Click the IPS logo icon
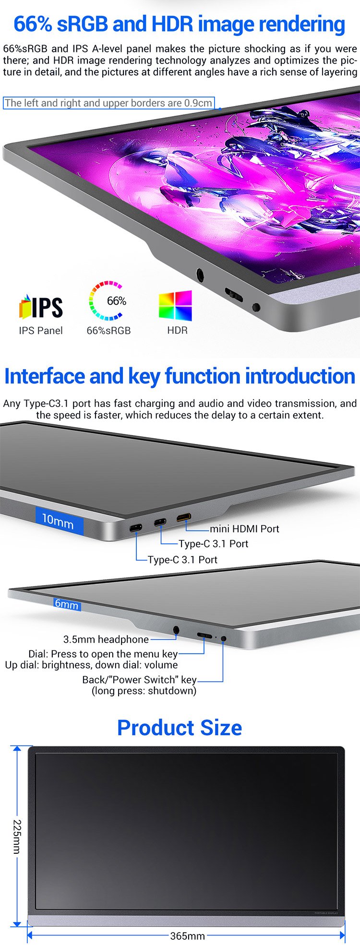41,307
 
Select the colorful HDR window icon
175,305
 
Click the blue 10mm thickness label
59,519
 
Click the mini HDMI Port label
244,529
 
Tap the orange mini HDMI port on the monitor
184,518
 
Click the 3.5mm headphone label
106,639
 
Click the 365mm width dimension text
188,936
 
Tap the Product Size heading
180,728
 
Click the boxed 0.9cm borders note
108,103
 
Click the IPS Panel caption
41,330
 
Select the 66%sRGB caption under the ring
108,330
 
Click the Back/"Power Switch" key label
139,680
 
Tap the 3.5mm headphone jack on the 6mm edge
176,630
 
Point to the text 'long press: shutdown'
144,691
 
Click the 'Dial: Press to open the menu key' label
103,654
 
